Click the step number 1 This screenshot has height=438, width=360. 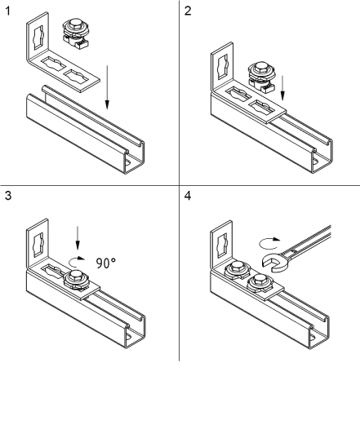point(7,11)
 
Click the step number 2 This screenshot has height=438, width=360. point(188,11)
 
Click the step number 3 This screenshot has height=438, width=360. point(8,196)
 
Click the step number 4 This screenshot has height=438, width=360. point(188,196)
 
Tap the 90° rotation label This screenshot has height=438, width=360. point(106,263)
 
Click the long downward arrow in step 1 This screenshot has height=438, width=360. point(107,87)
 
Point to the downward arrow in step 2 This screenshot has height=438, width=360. point(282,88)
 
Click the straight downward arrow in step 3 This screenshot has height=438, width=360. point(78,237)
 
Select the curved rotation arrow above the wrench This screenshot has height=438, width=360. point(269,243)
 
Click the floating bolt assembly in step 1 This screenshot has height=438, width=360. point(76,34)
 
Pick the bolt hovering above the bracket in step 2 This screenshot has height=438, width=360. point(261,77)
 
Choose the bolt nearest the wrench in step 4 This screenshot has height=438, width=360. point(260,282)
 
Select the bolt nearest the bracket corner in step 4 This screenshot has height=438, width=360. point(238,270)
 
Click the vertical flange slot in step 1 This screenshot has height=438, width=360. point(38,38)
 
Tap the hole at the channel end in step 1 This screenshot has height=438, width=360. point(128,162)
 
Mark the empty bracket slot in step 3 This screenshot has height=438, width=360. point(53,271)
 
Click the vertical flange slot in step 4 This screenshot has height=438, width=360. point(222,246)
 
